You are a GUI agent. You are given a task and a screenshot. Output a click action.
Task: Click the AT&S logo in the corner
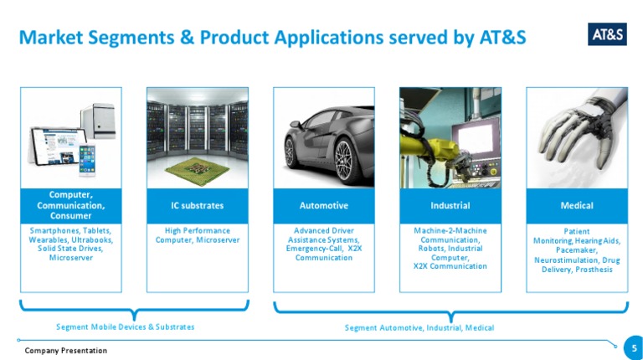click(607, 34)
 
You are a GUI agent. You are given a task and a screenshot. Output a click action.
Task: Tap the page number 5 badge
click(634, 346)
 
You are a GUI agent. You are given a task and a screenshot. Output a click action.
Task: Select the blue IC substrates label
click(197, 205)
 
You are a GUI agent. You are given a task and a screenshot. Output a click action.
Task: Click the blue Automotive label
click(323, 205)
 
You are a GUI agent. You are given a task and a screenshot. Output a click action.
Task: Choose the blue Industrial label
click(450, 205)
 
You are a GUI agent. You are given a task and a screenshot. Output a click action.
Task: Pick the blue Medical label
click(577, 205)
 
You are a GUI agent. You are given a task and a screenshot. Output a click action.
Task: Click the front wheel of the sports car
click(342, 152)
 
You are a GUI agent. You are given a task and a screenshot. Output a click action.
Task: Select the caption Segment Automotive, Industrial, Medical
click(419, 327)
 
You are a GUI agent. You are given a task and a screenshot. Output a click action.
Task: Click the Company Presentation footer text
click(65, 350)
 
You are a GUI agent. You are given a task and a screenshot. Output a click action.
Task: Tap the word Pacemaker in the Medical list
click(577, 250)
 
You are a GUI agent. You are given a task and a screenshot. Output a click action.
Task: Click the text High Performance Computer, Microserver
click(198, 235)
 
